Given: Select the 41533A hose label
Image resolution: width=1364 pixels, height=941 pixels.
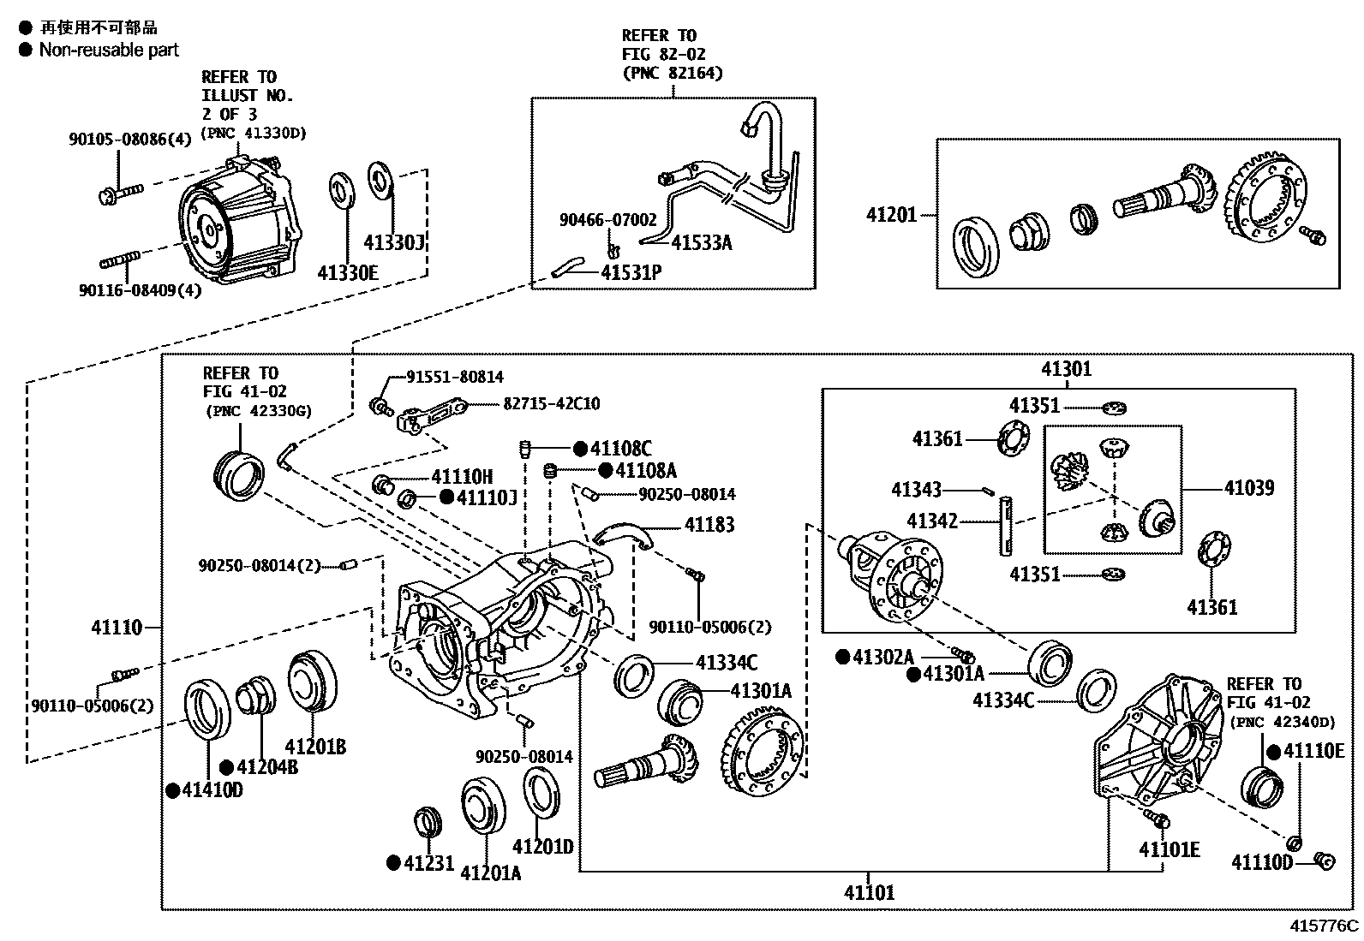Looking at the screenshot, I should coord(701,243).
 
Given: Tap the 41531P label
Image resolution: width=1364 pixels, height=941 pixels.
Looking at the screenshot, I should coord(631,273).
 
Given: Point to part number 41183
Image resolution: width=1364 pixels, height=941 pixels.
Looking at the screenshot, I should coord(709,525).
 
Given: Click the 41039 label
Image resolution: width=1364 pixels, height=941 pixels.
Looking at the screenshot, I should coord(1248,488).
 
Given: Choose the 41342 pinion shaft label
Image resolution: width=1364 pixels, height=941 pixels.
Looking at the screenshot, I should coord(932,521).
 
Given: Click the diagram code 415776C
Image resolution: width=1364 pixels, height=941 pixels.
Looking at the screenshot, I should coord(1325,926).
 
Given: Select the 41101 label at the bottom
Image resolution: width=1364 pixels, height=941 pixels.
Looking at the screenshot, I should coord(869,892).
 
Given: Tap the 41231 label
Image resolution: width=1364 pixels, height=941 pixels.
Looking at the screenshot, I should coord(429,863).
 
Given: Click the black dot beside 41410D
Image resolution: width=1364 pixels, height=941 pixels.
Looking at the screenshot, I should coord(172,790).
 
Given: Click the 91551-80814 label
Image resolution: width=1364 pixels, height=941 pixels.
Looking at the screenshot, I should coord(454,377).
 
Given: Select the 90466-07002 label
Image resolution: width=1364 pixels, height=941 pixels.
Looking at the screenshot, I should coord(608,220).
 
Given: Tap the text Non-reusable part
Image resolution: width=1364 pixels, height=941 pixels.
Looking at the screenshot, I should coord(109,50).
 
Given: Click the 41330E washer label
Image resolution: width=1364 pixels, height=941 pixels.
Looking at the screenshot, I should coord(348,273).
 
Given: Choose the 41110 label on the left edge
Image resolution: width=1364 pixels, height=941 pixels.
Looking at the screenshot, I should coord(117,628).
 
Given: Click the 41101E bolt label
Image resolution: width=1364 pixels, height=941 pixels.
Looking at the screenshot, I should coord(1169,849).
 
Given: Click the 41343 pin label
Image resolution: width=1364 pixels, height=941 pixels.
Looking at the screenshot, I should coord(916,490).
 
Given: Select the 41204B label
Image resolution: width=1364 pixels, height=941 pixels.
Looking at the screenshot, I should coord(267,767).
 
